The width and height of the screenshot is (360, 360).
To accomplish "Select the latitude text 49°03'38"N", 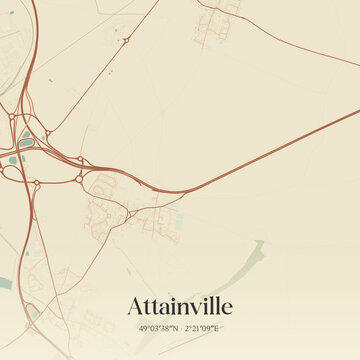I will (158, 328).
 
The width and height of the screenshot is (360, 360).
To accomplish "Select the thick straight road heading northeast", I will (260, 160).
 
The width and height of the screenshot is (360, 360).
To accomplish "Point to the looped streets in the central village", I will (102, 185).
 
